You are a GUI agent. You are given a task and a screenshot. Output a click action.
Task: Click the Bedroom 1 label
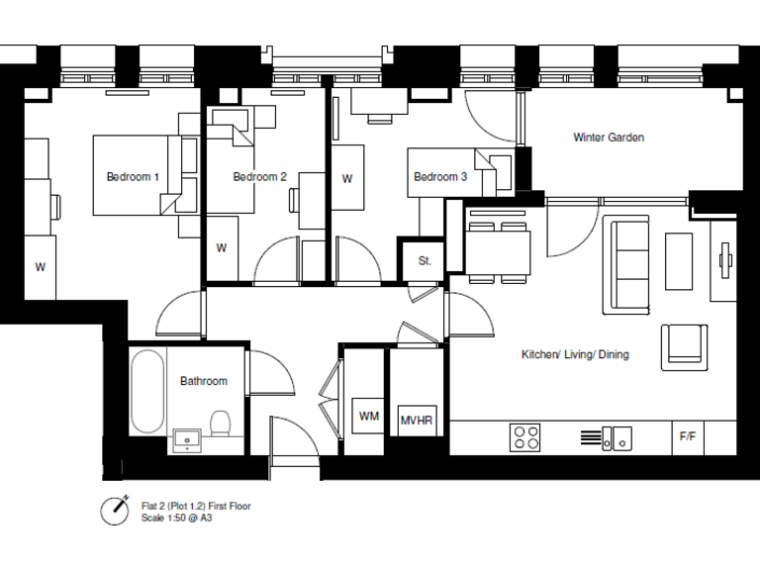[x=133, y=177]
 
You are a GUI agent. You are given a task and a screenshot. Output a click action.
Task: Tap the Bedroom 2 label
[x=259, y=177]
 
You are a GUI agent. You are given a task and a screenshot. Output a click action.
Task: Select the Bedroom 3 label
[x=440, y=177]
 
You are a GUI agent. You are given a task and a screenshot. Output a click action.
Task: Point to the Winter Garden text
[x=609, y=138]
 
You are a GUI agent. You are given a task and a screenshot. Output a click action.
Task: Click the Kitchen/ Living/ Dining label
[x=575, y=354]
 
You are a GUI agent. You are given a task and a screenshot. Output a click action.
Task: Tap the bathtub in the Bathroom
[x=147, y=390]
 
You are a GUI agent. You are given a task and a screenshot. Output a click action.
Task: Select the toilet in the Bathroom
[x=222, y=426]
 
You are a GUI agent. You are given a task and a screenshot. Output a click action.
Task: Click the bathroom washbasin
[x=186, y=438]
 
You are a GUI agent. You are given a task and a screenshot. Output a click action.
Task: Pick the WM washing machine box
[x=368, y=417]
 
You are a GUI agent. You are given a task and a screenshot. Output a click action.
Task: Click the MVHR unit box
[x=417, y=421]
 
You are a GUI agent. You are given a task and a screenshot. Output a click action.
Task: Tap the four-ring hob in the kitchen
[x=524, y=436]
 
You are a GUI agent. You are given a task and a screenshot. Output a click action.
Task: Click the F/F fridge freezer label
[x=687, y=435]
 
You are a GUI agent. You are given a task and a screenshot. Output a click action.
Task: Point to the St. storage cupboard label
[x=425, y=261]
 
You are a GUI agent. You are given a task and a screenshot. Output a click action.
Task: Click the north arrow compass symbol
[x=115, y=511]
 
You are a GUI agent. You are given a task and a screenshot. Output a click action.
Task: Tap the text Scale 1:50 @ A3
[x=176, y=518]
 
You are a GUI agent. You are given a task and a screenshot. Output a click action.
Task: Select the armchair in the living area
[x=685, y=344]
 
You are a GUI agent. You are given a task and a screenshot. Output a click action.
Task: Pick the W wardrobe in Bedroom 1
[x=41, y=267]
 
